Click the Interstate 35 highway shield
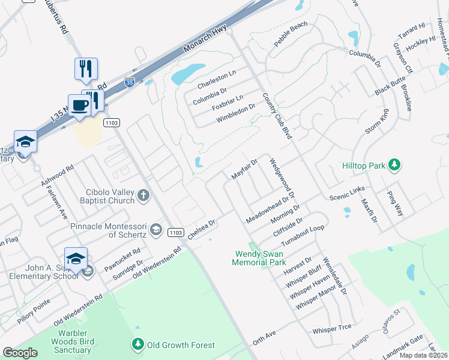click(x=129, y=83)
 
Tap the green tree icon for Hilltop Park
click(x=394, y=164)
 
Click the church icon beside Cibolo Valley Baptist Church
click(x=143, y=194)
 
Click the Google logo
click(x=20, y=352)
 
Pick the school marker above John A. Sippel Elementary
click(x=76, y=259)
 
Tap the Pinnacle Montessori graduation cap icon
click(x=155, y=229)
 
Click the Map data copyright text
click(x=423, y=355)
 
